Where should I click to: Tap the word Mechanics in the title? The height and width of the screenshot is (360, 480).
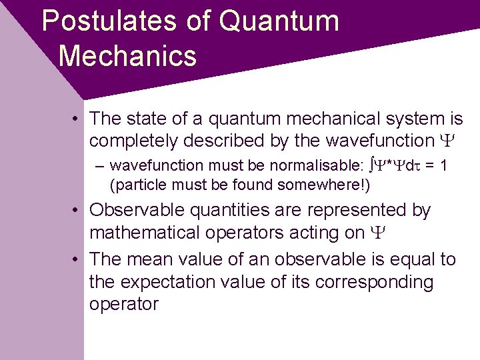(x=127, y=55)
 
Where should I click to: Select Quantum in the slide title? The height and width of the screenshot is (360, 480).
(x=279, y=21)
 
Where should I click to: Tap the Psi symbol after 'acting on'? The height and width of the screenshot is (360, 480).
(x=376, y=233)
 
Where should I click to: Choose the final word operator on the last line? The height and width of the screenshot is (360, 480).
(x=124, y=305)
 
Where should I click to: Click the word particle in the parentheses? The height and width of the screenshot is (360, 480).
(x=135, y=184)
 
